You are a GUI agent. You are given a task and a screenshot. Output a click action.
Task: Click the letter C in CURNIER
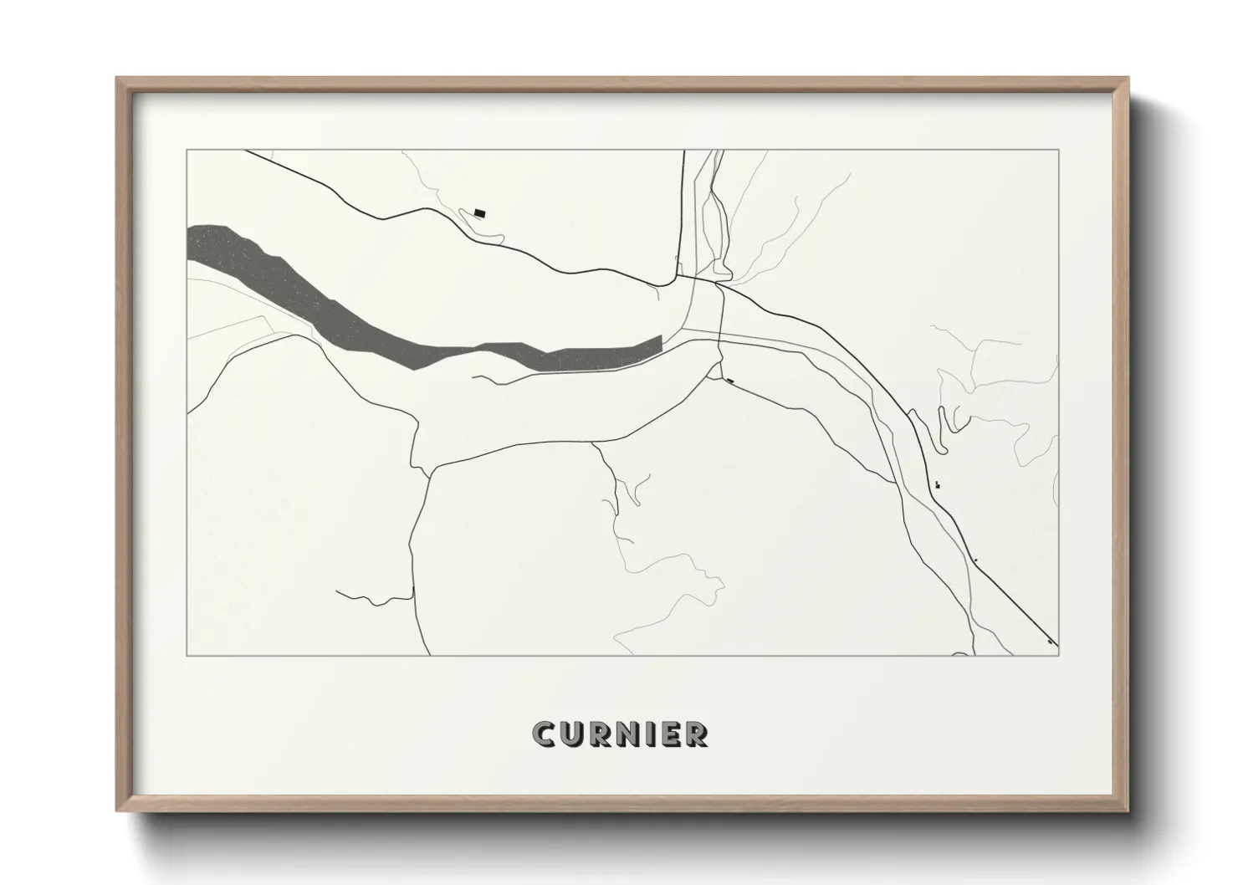coord(544,734)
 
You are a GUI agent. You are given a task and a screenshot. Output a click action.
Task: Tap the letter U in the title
coord(573,734)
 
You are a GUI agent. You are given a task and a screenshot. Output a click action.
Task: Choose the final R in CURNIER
coord(698,734)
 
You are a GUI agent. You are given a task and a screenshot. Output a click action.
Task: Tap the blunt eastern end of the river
coord(659,343)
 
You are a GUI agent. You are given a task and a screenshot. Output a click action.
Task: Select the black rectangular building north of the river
coord(479,212)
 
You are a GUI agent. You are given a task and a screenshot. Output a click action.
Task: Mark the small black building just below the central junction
coord(731,381)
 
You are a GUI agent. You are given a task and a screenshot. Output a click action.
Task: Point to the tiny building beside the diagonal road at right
coord(937,483)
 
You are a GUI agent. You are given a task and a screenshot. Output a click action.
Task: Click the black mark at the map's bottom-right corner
coord(1050,642)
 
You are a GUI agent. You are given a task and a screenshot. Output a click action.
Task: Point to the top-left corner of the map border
coord(187,151)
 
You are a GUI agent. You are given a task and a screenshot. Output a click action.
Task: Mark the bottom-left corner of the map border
coord(187,656)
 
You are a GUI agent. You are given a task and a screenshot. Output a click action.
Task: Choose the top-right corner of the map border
coord(1059,151)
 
